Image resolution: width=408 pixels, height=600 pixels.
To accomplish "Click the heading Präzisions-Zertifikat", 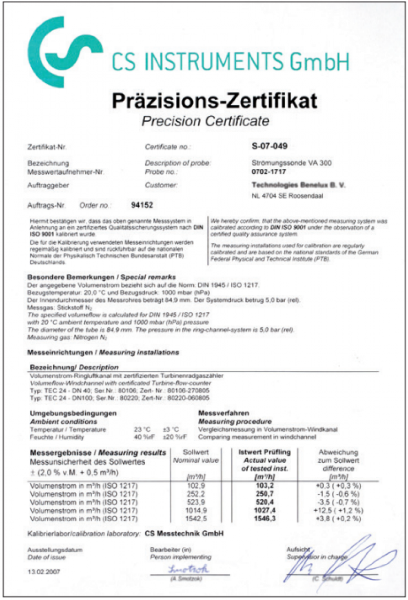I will pos(215,101).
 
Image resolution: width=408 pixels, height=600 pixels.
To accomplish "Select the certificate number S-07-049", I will pos(269,146).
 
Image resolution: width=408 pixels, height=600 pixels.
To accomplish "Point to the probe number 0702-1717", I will pos(268,172).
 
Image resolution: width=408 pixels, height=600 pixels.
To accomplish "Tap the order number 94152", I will pos(142,205).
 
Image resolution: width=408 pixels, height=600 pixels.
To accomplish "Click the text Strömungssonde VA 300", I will pos(291,163).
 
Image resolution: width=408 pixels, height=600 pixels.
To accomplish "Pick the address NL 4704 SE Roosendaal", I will pos(287,196).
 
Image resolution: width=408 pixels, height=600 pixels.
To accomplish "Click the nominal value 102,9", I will pos(196,486).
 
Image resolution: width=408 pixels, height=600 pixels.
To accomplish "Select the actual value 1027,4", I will pos(265,510).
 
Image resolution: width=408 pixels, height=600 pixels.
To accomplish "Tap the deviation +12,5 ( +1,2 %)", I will pos(338,510).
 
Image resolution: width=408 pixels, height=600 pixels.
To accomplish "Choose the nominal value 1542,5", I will pos(196,519).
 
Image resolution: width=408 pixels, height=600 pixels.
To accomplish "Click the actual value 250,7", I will pos(265,494).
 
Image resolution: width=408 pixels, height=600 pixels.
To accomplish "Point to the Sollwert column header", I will pos(196,452).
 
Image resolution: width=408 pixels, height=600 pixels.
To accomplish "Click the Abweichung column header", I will pos(338,452).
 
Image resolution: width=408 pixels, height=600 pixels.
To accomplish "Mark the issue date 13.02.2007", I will pos(44,572).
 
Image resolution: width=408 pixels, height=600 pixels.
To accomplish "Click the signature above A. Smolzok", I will pos(188,569).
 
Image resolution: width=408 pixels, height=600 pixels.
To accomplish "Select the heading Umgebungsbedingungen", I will pos(73,413).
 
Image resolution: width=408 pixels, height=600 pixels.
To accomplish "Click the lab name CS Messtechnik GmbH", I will pos(184,534).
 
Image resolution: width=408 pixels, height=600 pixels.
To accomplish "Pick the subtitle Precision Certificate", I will pos(205,121).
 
